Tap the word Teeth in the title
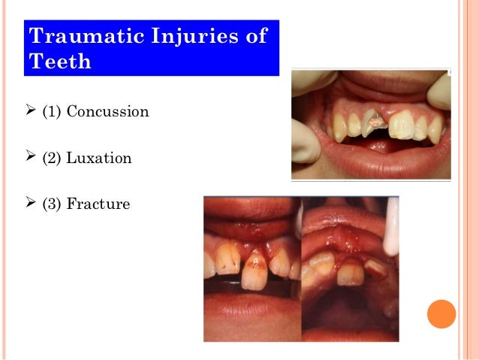point(60,61)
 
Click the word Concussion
point(107,112)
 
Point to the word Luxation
point(99,159)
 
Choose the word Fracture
point(98,204)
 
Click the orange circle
point(441,313)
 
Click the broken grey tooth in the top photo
point(370,123)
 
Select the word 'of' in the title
point(256,36)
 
